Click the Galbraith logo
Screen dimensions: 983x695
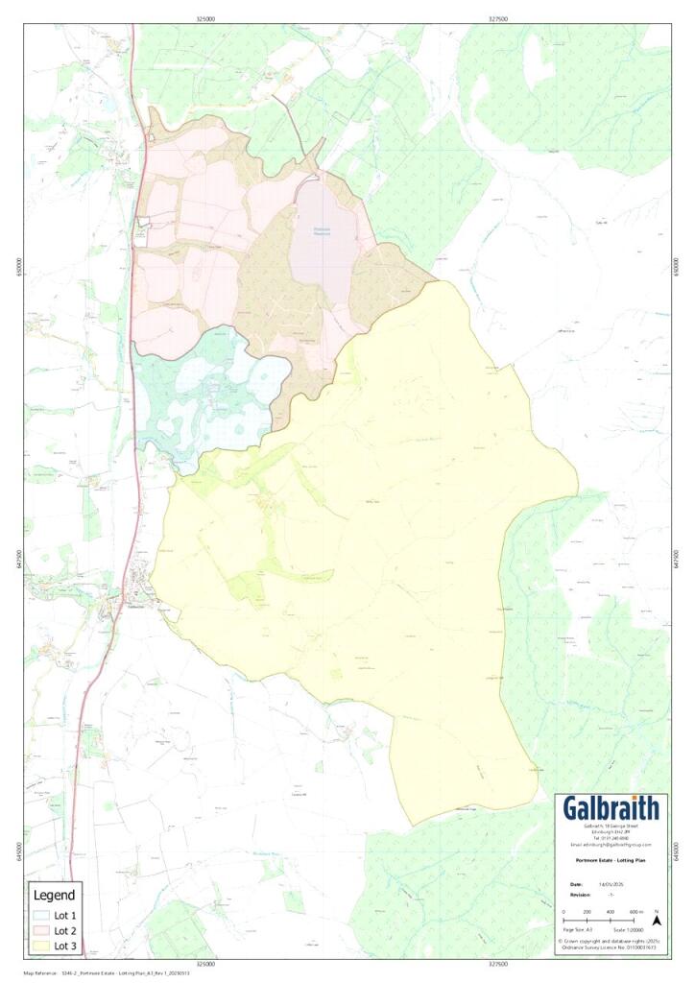tap(611, 808)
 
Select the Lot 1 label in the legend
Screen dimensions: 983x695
tap(64, 915)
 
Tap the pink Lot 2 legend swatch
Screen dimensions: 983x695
tap(39, 930)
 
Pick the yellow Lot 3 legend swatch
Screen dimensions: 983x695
tap(39, 946)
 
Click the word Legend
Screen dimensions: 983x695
tap(54, 896)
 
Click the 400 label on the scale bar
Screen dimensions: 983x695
tap(611, 911)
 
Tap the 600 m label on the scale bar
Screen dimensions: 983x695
tap(636, 911)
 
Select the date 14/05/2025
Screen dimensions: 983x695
tap(611, 883)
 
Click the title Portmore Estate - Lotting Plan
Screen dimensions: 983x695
tap(611, 861)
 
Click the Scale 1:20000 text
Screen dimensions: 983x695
tap(628, 931)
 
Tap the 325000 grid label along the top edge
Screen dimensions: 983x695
tap(204, 17)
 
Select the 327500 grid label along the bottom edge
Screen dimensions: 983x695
tap(497, 963)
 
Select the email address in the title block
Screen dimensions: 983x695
tap(611, 845)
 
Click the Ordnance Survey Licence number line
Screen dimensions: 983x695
tap(611, 947)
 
